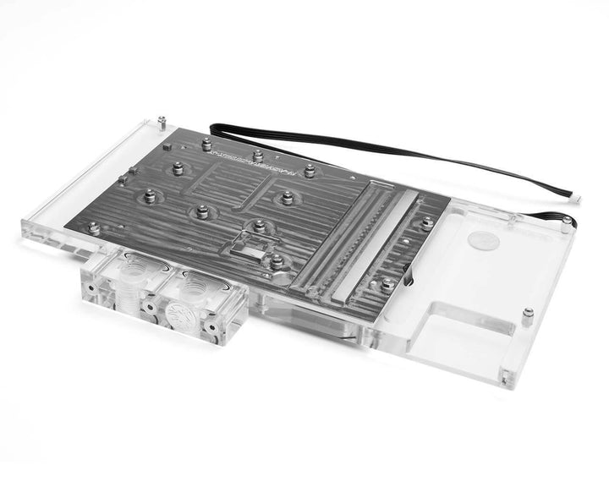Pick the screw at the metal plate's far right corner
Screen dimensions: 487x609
[x=427, y=222]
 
